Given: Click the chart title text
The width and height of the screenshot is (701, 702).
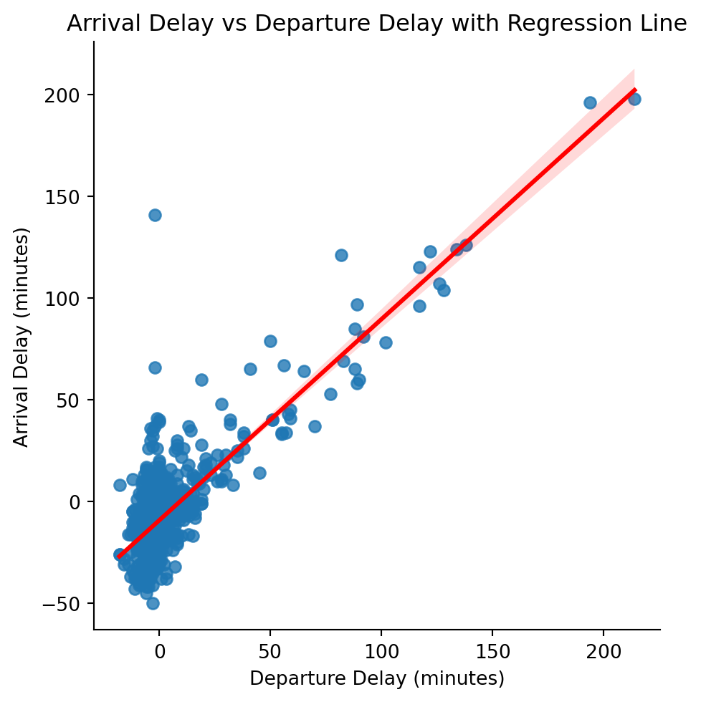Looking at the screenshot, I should (x=377, y=24).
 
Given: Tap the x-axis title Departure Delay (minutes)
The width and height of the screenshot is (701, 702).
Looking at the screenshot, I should (x=377, y=678).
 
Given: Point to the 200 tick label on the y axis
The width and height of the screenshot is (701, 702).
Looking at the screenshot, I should (x=64, y=95).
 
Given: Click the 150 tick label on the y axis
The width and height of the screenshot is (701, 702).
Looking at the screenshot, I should (x=64, y=197).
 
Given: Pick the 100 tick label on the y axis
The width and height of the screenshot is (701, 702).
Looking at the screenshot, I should (x=64, y=298).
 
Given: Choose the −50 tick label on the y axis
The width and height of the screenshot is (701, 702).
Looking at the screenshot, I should (x=60, y=603).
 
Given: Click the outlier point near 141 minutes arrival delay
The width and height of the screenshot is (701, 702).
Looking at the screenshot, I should (x=155, y=215).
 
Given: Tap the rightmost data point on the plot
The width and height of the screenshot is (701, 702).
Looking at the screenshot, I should (x=634, y=99).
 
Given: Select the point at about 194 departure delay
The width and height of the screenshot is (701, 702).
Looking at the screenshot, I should (x=590, y=102).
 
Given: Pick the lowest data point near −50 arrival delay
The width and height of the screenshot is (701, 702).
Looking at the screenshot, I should (x=153, y=603).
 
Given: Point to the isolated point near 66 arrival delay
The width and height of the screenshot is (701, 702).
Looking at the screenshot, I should (x=155, y=367).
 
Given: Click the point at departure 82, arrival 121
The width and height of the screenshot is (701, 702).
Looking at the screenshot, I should (x=341, y=255).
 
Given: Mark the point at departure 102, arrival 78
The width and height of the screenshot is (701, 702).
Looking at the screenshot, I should (x=386, y=342).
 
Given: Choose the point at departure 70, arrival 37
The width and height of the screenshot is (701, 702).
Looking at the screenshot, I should (x=315, y=426).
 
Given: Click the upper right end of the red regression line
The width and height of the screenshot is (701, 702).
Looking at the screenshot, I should (x=634, y=90).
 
